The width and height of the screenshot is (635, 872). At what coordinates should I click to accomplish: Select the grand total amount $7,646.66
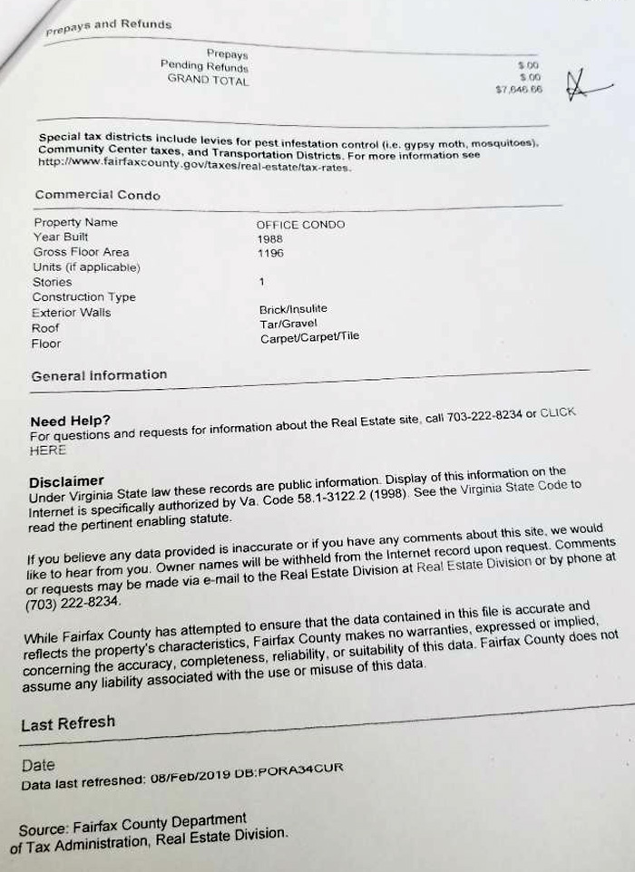519,90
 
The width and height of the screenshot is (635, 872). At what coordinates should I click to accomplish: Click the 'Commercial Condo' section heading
97,195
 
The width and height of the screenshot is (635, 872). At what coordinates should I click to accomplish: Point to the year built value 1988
270,238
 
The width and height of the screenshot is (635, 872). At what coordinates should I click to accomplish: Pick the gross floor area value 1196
270,254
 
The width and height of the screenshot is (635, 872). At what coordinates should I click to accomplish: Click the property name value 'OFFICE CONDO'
300,225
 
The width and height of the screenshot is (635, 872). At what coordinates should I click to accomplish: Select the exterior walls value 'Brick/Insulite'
293,310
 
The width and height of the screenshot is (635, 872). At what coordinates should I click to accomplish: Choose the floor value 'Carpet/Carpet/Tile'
309,337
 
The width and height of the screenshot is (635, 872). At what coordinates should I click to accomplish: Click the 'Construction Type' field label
83,297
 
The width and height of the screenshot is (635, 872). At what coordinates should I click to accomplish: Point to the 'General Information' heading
99,375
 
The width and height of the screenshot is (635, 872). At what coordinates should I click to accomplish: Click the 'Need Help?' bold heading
70,421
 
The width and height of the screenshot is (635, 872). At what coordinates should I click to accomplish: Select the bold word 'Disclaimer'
66,480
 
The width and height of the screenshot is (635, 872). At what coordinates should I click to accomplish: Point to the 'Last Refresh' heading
68,722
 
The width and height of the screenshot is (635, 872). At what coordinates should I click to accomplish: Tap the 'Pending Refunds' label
204,66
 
